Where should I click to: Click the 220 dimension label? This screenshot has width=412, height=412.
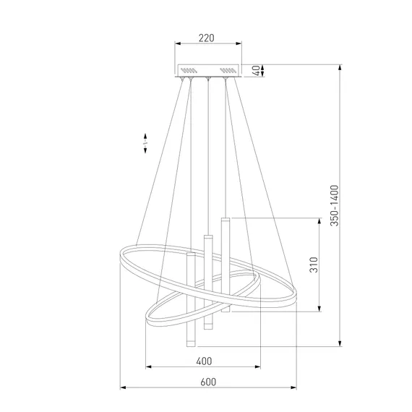click(206, 38)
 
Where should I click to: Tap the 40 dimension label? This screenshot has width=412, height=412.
click(256, 70)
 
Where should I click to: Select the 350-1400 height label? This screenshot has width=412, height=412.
click(335, 205)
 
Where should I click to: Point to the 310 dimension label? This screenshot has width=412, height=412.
click(314, 265)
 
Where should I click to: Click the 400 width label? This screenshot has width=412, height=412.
click(204, 361)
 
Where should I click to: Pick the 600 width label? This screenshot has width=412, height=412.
click(208, 382)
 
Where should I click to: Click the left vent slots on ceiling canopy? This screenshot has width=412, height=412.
click(189, 70)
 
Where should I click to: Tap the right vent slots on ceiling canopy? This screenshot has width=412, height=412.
click(228, 70)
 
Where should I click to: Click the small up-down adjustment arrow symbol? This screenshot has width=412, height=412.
click(145, 143)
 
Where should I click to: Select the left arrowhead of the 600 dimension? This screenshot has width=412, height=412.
click(123, 387)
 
